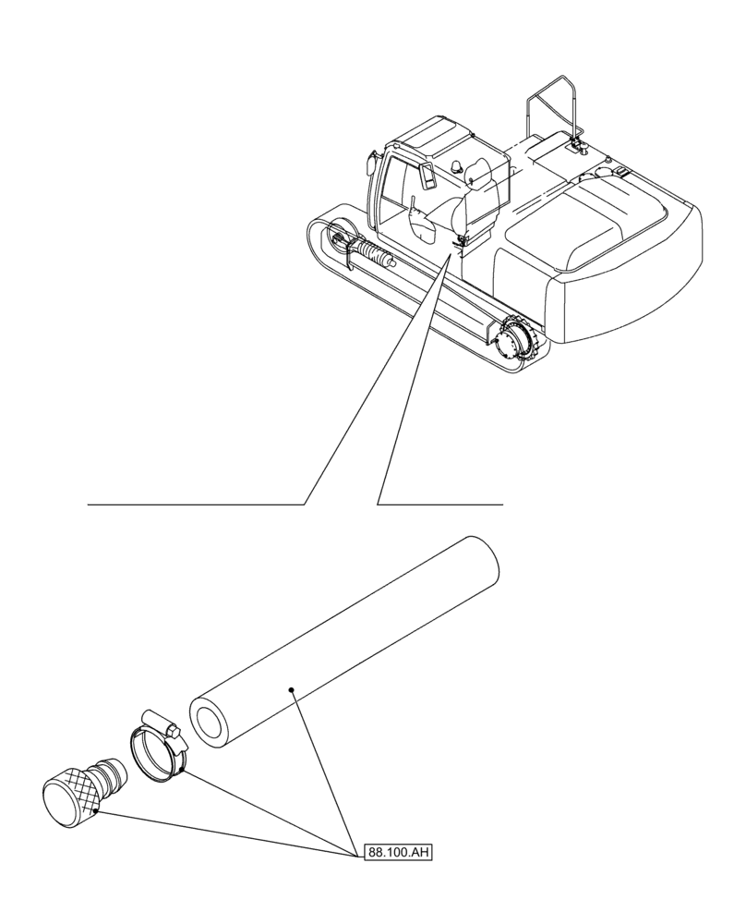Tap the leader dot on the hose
pos(291,689)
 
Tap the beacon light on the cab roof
pos(459,164)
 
